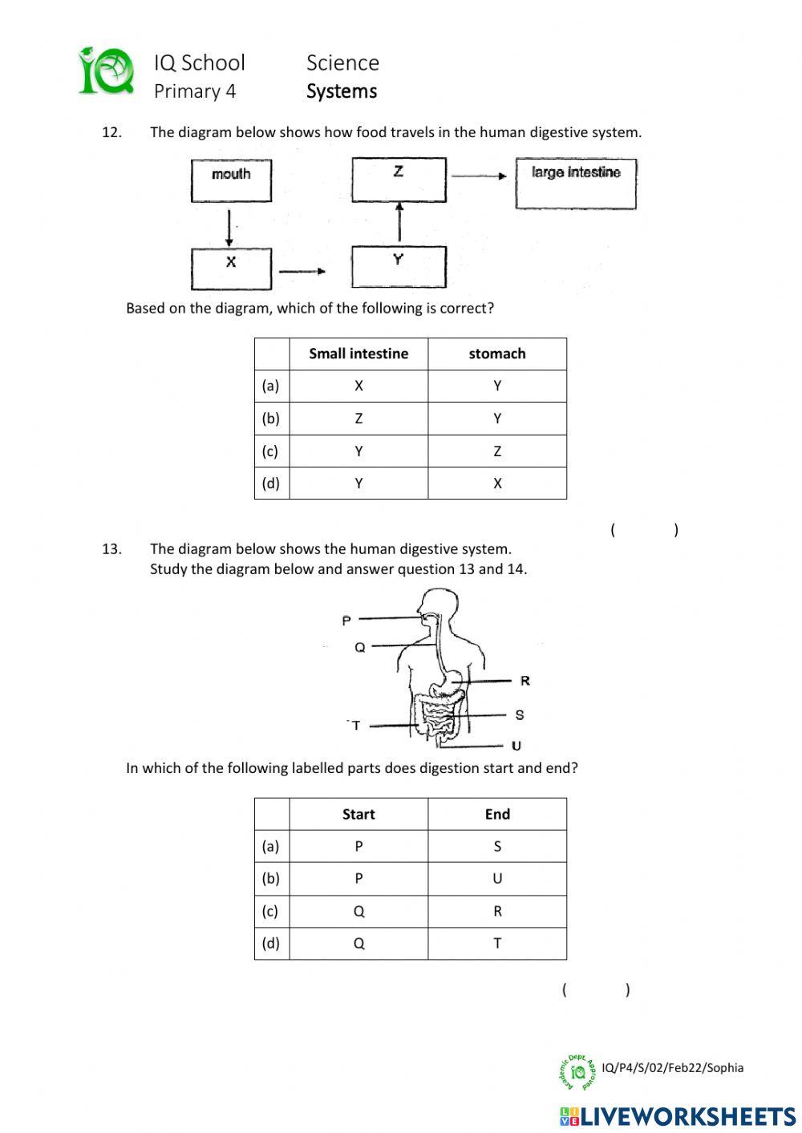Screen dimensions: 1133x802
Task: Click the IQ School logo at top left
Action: point(106,71)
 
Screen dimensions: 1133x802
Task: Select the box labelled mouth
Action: point(231,180)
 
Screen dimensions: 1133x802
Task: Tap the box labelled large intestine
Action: point(575,184)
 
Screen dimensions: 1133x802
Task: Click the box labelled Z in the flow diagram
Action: point(399,179)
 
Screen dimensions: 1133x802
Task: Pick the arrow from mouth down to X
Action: point(229,228)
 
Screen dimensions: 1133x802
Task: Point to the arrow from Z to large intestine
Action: point(479,176)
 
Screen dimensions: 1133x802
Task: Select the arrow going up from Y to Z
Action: point(399,221)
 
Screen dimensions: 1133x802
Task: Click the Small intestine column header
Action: point(358,354)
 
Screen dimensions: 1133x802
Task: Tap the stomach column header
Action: point(497,354)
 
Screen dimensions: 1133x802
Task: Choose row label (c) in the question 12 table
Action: point(271,451)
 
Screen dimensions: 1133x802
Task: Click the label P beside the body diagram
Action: point(346,620)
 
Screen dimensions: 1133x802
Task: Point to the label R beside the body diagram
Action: point(525,681)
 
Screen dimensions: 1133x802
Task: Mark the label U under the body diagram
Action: point(516,746)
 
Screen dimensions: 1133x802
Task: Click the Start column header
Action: point(358,814)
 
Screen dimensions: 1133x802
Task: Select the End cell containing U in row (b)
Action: point(497,879)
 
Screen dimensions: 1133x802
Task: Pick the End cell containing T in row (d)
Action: point(497,944)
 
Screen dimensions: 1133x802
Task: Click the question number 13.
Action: point(111,549)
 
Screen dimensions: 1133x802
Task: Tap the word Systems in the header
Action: point(342,91)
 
